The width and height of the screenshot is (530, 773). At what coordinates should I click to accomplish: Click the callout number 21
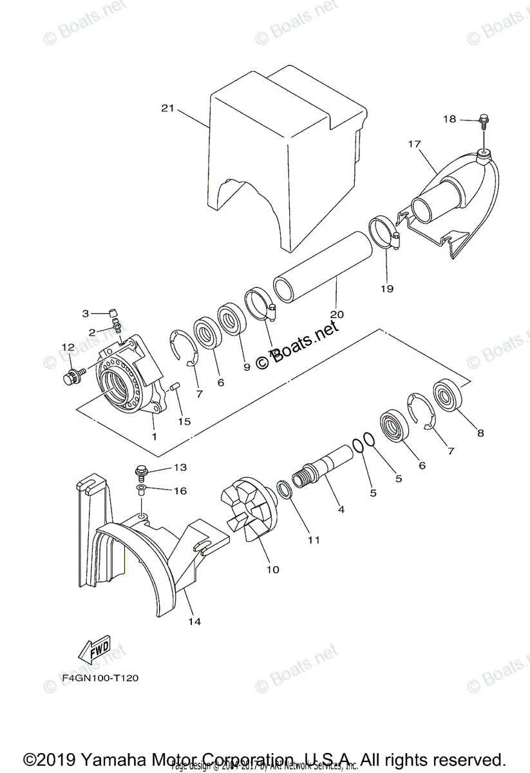tap(167, 108)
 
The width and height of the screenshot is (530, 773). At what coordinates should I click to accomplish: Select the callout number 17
tap(413, 144)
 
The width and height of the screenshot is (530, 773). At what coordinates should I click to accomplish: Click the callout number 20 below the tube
tap(337, 314)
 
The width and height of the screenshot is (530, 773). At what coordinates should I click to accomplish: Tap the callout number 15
tap(185, 421)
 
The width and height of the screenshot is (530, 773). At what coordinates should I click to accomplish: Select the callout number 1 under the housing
tap(154, 436)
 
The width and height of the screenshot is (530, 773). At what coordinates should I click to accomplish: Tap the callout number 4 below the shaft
tap(341, 509)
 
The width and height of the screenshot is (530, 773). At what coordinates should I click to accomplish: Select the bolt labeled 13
tap(142, 473)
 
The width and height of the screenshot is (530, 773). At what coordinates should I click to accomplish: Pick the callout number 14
tap(194, 621)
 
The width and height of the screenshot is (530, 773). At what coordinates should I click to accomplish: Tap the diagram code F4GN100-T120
tap(100, 678)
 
